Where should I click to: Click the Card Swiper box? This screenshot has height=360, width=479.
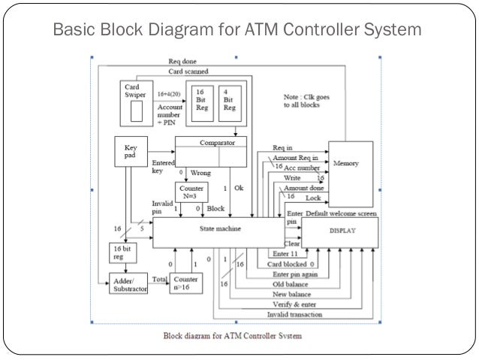click(x=135, y=102)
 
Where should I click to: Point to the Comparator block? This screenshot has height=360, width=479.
click(x=211, y=151)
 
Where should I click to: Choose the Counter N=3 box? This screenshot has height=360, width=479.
click(x=191, y=191)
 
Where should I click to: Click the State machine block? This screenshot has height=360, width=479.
click(x=219, y=228)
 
